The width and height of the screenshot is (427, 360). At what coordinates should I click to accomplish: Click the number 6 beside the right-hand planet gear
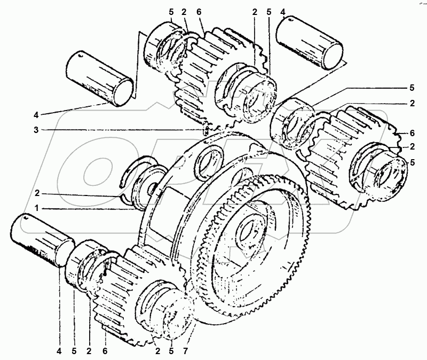pos(412,132)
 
